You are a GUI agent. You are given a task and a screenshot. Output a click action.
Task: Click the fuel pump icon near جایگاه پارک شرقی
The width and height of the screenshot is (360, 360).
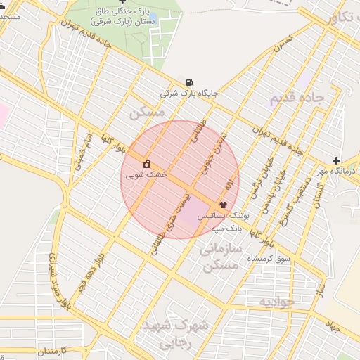(188, 82)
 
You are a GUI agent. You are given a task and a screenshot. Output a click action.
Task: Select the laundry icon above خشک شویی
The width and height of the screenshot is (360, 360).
(146, 164)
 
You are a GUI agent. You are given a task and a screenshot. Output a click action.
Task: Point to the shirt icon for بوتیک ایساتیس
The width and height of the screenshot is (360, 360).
(224, 205)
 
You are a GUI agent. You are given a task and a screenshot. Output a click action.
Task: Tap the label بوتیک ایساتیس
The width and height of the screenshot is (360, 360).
(222, 216)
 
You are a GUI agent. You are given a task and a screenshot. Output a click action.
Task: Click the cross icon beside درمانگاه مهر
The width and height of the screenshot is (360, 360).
(336, 161)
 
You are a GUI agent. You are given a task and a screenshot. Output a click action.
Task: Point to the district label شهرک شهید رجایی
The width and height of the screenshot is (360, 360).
(176, 335)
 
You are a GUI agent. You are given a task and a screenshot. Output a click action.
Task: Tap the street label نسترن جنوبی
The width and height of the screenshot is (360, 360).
(222, 147)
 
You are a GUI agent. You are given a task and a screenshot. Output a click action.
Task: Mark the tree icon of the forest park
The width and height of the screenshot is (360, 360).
(123, 2)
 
